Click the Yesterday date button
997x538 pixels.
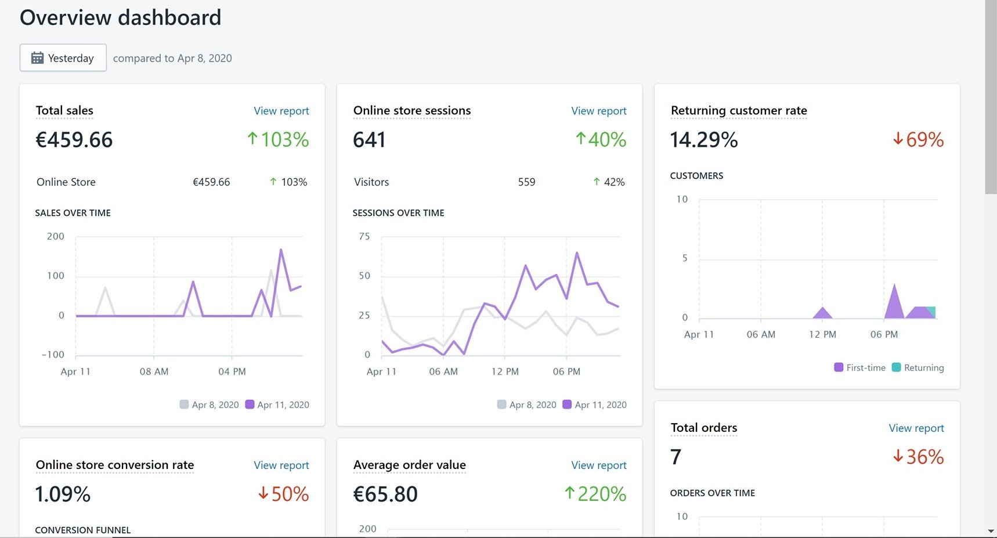pos(63,58)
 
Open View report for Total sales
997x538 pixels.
pos(281,111)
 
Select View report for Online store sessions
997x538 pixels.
pos(598,111)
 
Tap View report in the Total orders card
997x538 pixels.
pos(916,428)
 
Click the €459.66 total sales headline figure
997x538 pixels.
pos(74,140)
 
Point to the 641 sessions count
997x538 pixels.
pos(369,140)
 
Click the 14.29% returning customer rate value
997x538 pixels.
pos(704,140)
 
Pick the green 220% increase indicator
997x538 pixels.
pos(595,494)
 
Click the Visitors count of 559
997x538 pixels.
pos(526,182)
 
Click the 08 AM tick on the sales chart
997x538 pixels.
pos(154,371)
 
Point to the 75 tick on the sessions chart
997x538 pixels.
pos(364,236)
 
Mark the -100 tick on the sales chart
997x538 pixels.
pos(53,355)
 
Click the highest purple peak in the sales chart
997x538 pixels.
pos(281,250)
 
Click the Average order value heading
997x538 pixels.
pos(409,465)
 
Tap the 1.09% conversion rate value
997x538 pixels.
pos(63,494)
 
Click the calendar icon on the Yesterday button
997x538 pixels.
pos(37,58)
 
